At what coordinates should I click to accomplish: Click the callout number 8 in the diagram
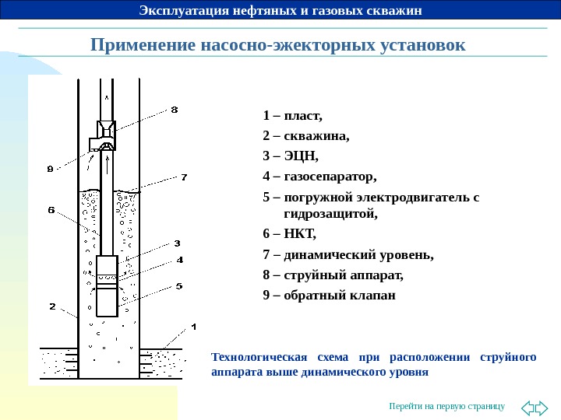click(174, 110)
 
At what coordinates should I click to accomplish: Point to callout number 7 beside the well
click(184, 177)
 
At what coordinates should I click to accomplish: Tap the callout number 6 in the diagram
click(51, 210)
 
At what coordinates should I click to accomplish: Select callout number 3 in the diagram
click(177, 243)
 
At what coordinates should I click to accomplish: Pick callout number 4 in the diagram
click(179, 260)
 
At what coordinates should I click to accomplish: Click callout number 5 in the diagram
click(179, 286)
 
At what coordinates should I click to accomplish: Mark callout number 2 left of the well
click(52, 306)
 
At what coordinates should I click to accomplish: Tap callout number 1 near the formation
click(194, 326)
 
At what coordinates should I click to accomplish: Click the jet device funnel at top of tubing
click(105, 129)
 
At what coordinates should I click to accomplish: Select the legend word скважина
click(316, 136)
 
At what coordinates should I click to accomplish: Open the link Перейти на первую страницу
click(447, 406)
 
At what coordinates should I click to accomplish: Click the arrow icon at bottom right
click(534, 407)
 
